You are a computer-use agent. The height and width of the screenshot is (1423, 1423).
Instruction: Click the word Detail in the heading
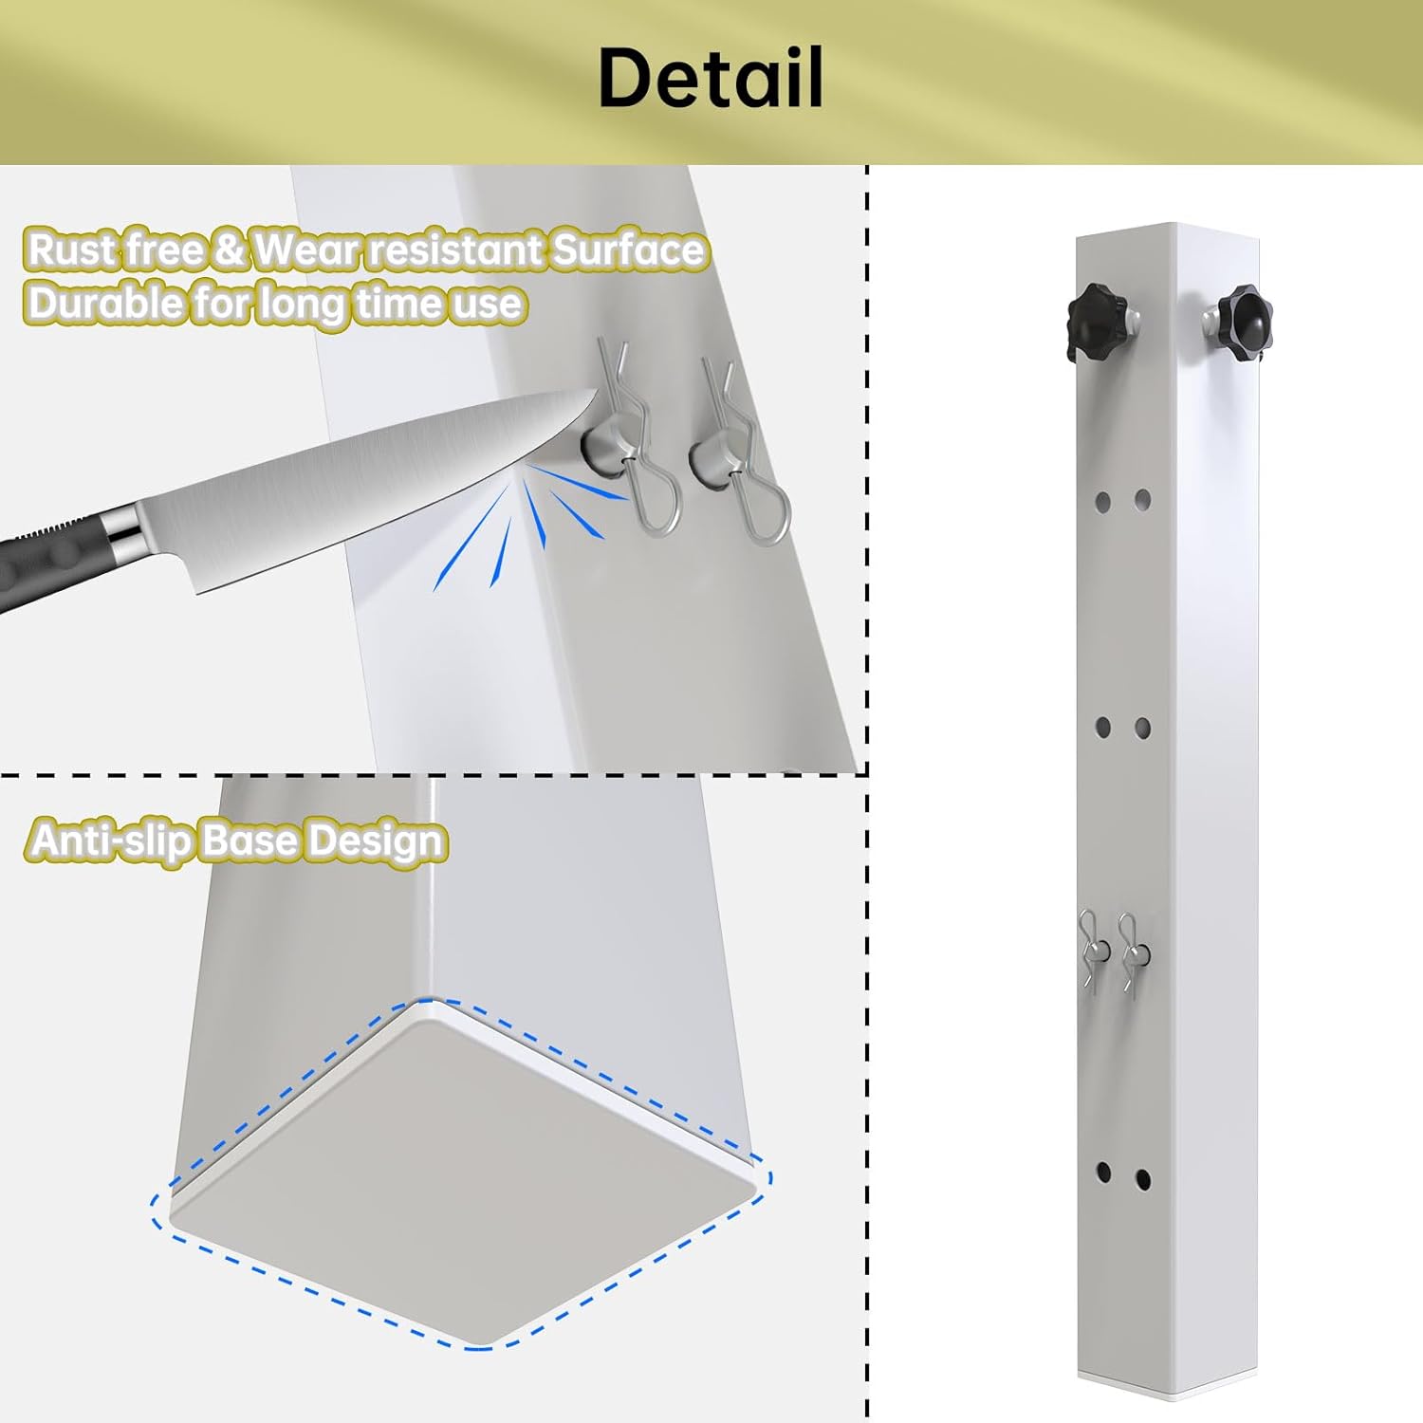click(x=711, y=78)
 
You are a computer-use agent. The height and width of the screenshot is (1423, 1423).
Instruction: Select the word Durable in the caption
click(x=105, y=304)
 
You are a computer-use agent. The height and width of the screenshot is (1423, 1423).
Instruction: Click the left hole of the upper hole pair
click(x=1103, y=500)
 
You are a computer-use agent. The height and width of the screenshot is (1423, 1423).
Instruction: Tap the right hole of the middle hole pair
click(x=1142, y=729)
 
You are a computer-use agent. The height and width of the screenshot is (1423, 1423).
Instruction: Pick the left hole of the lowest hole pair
click(x=1103, y=1173)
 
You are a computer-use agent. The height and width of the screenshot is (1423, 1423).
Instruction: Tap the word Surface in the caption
click(x=628, y=250)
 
